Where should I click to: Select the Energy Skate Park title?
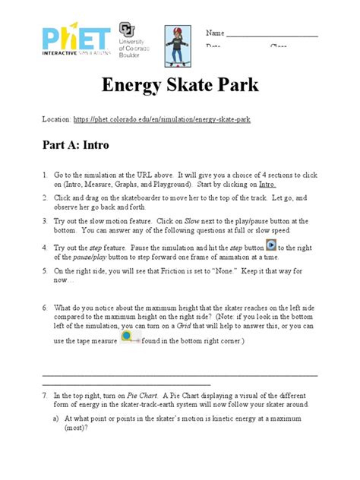coord(179,85)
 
